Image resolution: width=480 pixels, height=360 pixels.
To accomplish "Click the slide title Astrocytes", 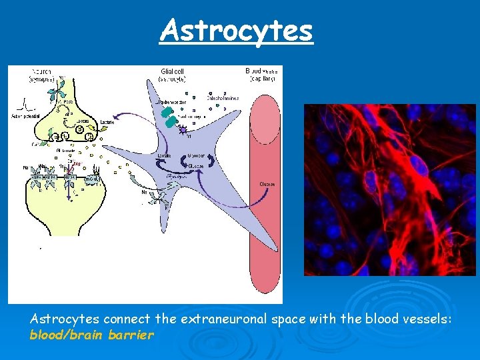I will pos(236,30).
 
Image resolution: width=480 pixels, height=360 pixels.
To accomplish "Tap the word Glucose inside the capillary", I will pos(267,184).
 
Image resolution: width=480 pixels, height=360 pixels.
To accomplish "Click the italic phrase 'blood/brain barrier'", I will pos(91,335).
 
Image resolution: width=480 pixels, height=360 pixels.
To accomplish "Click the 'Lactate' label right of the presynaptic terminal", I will pos(107,122).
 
